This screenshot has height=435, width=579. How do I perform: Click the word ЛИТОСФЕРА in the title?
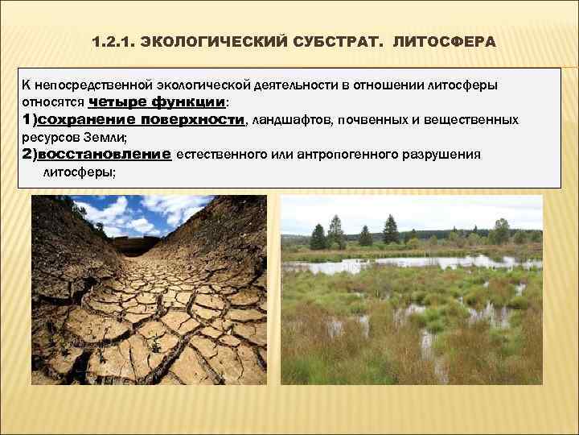(445, 41)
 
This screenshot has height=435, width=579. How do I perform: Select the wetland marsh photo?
(411, 306)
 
